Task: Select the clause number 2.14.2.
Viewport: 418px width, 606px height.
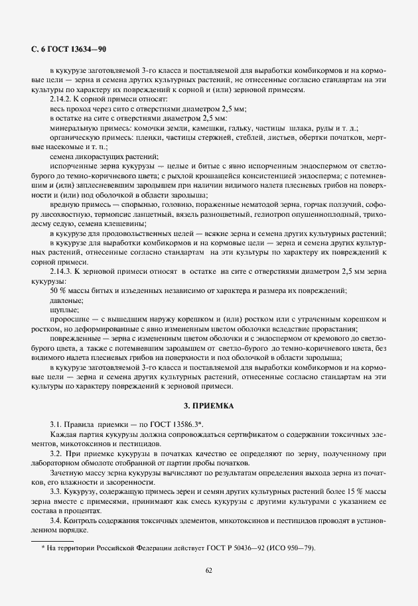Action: [64, 98]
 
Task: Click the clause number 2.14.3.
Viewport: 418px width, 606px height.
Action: [64, 272]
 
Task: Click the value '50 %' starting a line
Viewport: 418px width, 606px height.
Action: [58, 291]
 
